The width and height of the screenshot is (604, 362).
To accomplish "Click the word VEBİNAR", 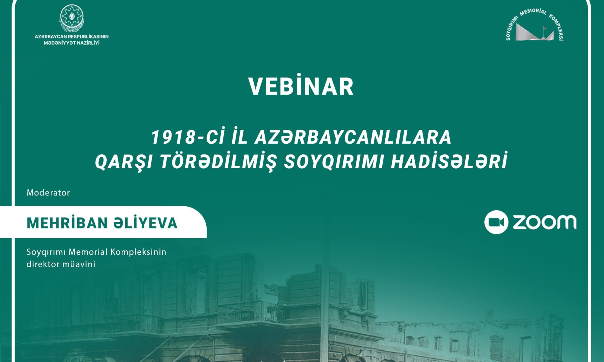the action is pos(301,87).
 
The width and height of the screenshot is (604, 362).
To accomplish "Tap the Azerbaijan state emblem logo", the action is pos(72,18).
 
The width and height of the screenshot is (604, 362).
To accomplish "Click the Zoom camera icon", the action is pos(496,222).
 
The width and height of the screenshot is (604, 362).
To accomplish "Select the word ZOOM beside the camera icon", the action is pos(545,222).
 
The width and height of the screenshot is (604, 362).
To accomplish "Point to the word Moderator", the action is pos(48,193).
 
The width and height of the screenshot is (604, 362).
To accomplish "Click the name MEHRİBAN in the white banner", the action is pos(67,223).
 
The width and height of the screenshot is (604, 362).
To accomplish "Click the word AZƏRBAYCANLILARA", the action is pos(353,138).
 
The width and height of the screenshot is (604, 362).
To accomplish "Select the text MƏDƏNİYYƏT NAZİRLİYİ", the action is pos(72,43).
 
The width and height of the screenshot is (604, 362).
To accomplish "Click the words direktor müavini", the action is pos(61,264).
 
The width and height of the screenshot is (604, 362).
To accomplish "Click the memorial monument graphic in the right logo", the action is pos(535,32).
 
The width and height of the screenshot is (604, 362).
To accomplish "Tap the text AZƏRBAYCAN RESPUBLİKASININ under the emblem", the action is pos(72,37).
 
